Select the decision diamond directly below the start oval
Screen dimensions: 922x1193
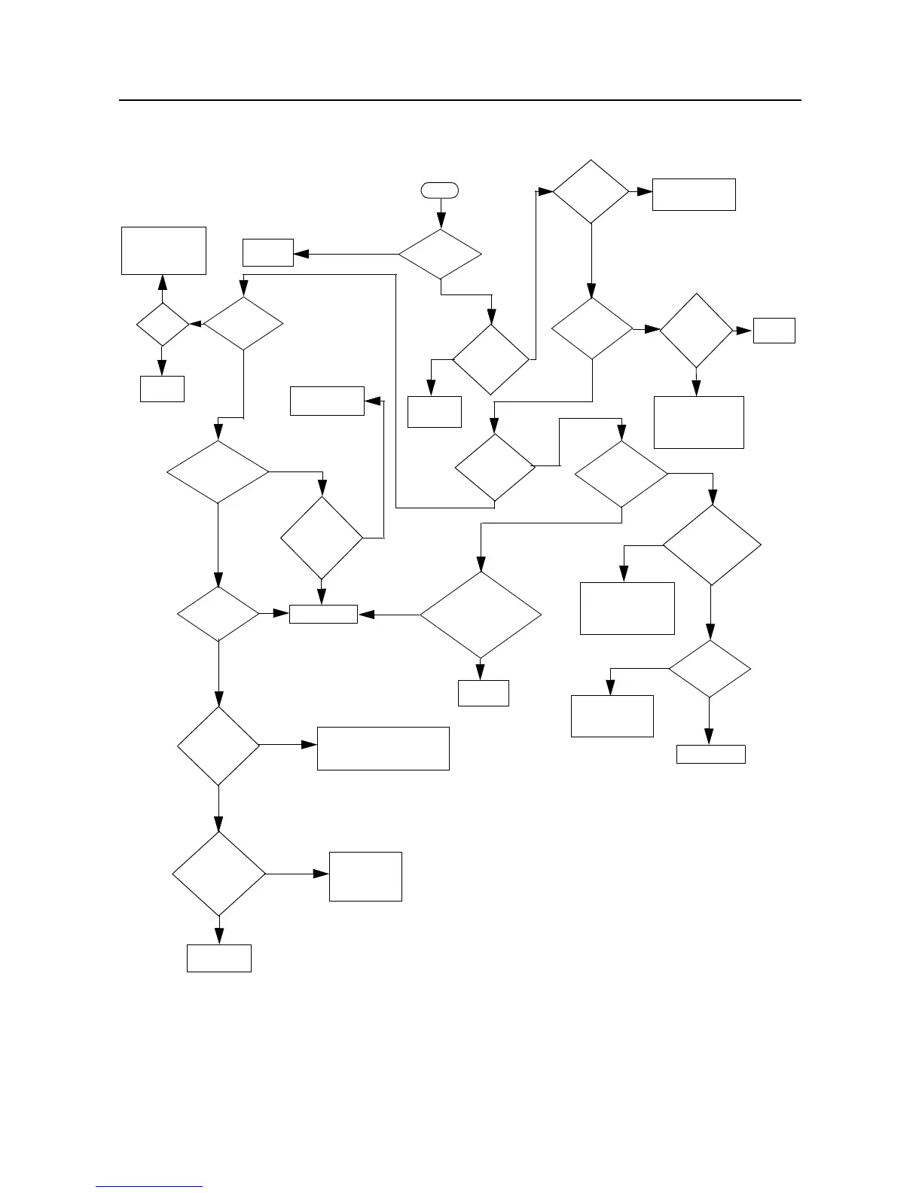pyautogui.click(x=440, y=254)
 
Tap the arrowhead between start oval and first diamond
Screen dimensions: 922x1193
pyautogui.click(x=441, y=222)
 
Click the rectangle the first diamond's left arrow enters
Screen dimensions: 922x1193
pyautogui.click(x=267, y=252)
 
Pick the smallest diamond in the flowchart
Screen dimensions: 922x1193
pyautogui.click(x=162, y=325)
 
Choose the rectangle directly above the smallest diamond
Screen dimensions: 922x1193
pyautogui.click(x=163, y=251)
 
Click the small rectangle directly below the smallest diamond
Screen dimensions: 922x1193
pyautogui.click(x=162, y=388)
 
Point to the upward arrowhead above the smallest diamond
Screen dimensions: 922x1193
pyautogui.click(x=163, y=282)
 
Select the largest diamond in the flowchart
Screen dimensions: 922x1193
pyautogui.click(x=481, y=615)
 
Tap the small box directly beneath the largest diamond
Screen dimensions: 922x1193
pyautogui.click(x=483, y=693)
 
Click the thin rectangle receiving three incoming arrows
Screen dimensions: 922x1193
pyautogui.click(x=323, y=614)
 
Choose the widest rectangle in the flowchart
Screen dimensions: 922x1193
pyautogui.click(x=383, y=748)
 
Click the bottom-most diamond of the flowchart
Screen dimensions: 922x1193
pyautogui.click(x=219, y=874)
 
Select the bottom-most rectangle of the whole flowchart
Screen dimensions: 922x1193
pyautogui.click(x=219, y=958)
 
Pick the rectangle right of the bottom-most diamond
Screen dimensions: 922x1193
pyautogui.click(x=365, y=876)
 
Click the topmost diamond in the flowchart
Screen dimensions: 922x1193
pyautogui.click(x=591, y=191)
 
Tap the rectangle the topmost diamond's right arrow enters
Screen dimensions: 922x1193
pyautogui.click(x=694, y=194)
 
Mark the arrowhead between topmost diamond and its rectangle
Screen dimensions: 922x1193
pyautogui.click(x=645, y=192)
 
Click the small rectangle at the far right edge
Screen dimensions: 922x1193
pyautogui.click(x=774, y=331)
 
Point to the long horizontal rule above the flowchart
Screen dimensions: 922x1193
pyautogui.click(x=459, y=99)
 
